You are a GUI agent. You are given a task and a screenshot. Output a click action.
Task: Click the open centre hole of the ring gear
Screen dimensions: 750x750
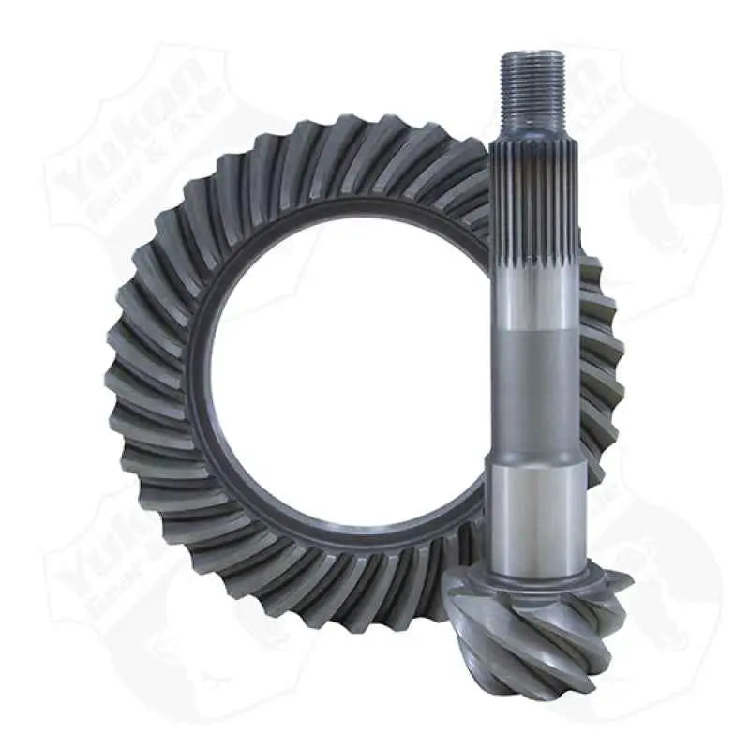pos(347,375)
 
